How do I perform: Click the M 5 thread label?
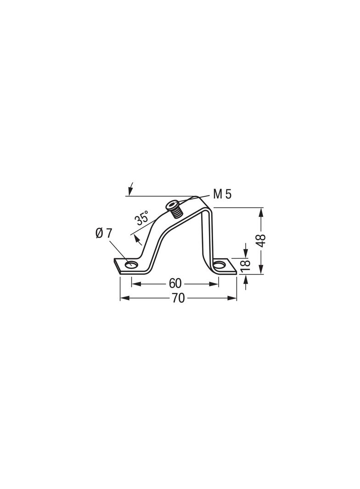coord(222,194)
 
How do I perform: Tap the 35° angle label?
coord(142,218)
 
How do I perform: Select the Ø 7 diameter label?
coord(103,233)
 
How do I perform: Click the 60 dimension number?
coord(175,283)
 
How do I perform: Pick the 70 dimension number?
coord(178,299)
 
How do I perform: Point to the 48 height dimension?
coord(262,240)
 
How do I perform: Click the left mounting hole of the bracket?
coord(131,265)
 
